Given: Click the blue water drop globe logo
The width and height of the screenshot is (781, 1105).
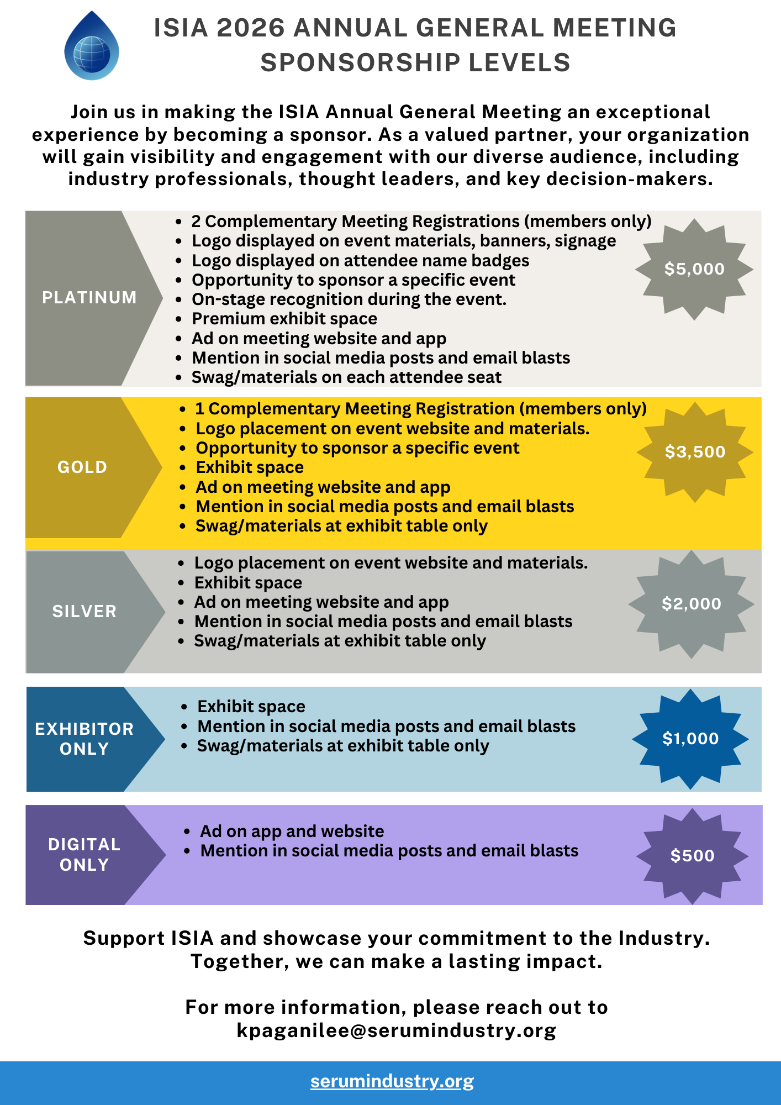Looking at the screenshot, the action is (x=91, y=47).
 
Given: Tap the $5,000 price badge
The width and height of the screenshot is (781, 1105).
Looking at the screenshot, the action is (x=694, y=269).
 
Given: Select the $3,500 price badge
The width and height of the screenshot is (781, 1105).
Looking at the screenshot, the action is (x=695, y=452).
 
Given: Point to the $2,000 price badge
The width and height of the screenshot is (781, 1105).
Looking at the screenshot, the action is (x=692, y=604).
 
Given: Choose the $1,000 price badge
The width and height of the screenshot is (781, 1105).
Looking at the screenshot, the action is (x=690, y=739).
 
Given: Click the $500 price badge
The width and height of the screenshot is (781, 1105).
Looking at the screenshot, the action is (x=692, y=856).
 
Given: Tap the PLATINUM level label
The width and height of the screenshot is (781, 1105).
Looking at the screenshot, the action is (x=89, y=298).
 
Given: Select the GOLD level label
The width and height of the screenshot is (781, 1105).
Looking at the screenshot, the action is (x=82, y=467).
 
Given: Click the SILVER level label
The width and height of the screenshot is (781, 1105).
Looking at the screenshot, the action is (x=85, y=612).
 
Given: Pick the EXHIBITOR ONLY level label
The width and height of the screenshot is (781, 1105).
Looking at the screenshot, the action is (x=85, y=739).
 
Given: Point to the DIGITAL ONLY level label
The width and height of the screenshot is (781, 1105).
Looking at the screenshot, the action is (x=85, y=855).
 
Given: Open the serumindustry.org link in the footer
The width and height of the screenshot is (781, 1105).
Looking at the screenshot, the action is (x=392, y=1081).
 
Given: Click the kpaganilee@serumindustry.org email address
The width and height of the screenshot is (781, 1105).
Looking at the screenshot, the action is (x=396, y=1030).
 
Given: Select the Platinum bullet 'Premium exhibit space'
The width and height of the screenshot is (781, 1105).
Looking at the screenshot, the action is (x=284, y=319).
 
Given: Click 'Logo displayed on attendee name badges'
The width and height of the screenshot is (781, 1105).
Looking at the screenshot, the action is (x=360, y=261).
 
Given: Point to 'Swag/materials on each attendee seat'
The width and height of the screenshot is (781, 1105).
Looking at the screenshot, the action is (x=346, y=377).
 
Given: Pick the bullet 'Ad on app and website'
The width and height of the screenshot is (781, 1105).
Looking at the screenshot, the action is (x=292, y=832).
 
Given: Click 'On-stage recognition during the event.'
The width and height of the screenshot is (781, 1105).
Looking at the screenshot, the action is (x=349, y=299).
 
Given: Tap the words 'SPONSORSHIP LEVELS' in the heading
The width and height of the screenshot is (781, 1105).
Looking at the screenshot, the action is (x=415, y=63).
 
